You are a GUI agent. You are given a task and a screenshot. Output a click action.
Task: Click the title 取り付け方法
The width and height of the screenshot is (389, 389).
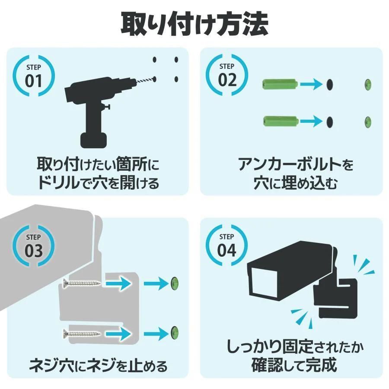[194, 24]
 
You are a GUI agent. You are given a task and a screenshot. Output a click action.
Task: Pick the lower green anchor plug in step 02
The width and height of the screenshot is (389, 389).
[279, 121]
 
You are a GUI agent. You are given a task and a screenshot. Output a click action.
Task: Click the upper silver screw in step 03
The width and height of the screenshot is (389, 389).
[82, 284]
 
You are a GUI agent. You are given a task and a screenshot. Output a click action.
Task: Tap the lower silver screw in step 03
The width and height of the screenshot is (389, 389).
[82, 333]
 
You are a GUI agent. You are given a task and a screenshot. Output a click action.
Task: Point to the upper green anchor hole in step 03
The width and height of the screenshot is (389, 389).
[175, 284]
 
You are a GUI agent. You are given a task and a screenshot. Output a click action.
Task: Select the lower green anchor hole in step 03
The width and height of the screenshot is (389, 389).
[175, 333]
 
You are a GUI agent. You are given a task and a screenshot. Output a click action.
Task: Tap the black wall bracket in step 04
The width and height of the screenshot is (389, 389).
[339, 298]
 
